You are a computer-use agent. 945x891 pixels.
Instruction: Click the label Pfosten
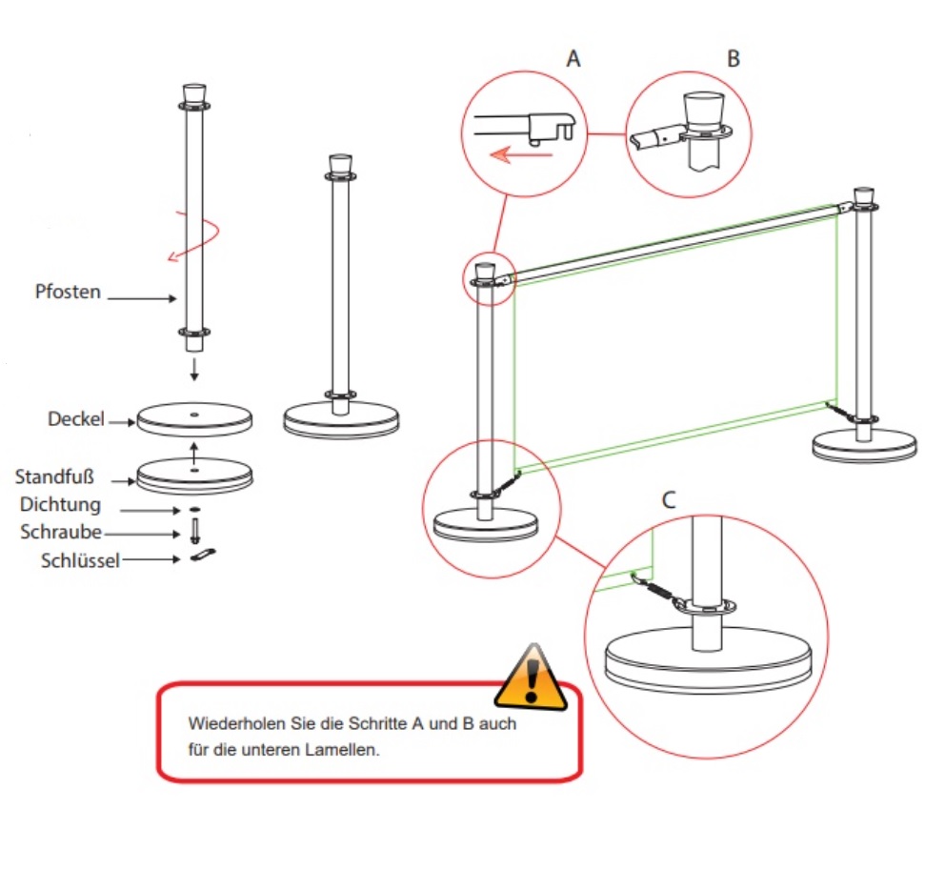click(68, 292)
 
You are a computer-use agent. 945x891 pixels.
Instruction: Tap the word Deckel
click(75, 419)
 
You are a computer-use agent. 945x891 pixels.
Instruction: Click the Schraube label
click(61, 533)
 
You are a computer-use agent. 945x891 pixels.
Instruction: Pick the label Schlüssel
click(80, 561)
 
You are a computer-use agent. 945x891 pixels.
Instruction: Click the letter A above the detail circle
click(573, 59)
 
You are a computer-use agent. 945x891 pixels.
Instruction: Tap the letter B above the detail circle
click(733, 59)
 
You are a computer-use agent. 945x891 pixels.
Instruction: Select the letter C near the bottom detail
click(669, 499)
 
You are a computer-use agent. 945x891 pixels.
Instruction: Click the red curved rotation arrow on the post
click(195, 236)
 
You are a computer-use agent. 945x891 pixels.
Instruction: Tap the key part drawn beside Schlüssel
click(204, 557)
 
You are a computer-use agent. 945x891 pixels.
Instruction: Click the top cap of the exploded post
click(193, 93)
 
